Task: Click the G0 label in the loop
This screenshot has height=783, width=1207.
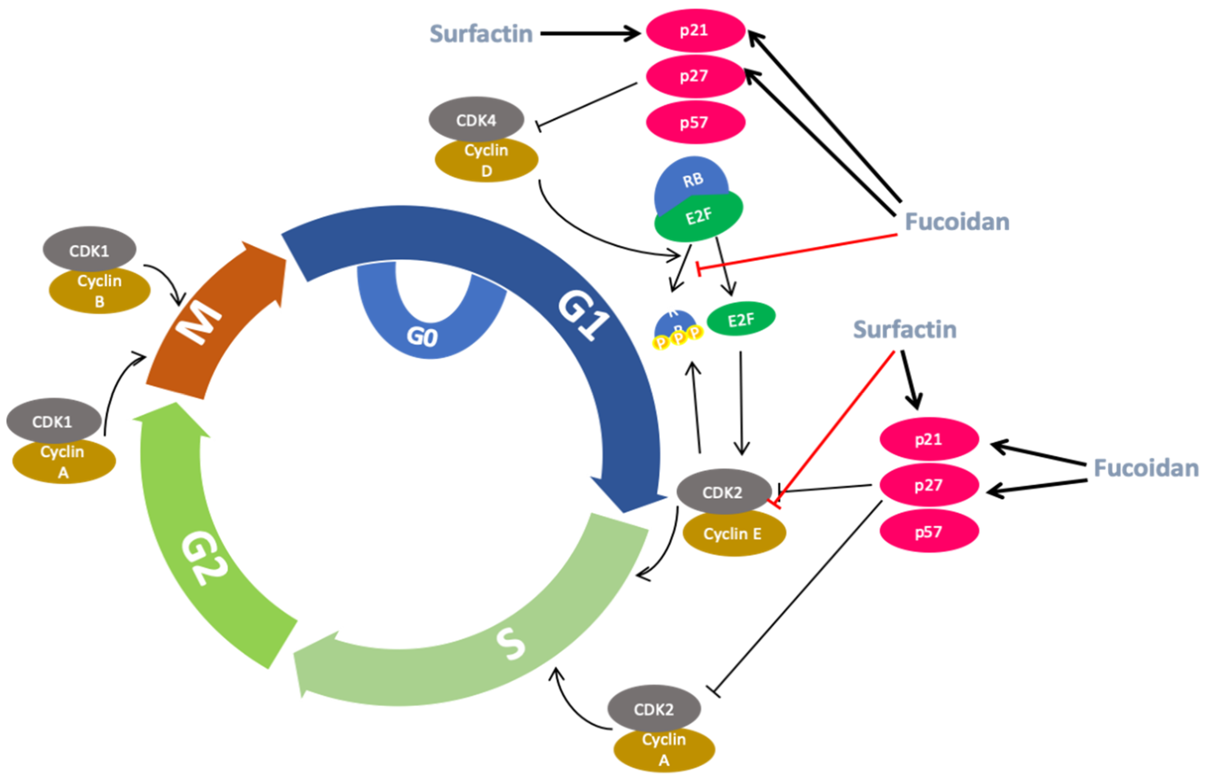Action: coord(422,336)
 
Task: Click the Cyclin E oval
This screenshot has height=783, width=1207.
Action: coord(733,534)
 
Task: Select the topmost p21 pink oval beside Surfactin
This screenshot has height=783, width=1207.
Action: coord(695,30)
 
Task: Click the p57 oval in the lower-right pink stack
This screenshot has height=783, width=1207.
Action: coord(928,531)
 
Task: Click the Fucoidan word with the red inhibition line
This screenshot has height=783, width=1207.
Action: coord(957,222)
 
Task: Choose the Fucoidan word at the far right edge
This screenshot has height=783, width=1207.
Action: coord(1146,468)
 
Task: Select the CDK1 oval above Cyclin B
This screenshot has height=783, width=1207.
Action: coord(89,250)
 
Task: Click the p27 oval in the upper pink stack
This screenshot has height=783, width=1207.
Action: coord(695,76)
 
